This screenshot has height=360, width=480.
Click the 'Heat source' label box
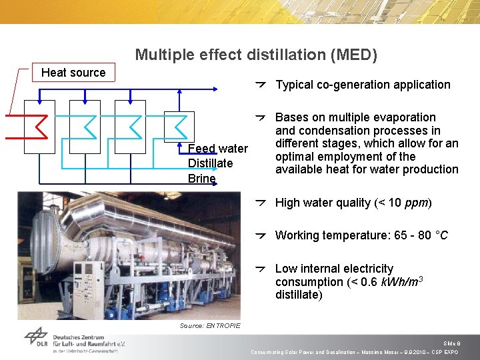pos(73,73)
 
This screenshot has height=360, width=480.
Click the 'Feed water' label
pos(218,149)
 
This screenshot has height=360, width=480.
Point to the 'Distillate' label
pos(211,163)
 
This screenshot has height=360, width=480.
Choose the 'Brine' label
pos(201,179)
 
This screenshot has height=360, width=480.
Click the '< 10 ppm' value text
pos(406,203)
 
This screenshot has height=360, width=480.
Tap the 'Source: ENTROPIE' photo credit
pos(210,325)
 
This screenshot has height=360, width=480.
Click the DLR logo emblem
pos(37,337)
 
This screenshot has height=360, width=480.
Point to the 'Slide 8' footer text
pos(451,343)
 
